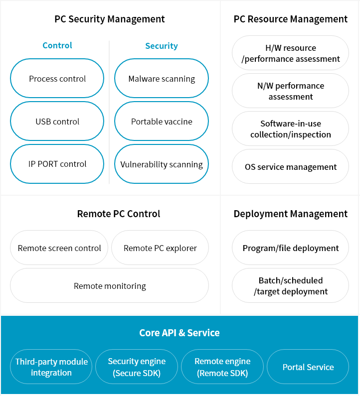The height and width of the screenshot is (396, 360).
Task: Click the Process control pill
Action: coord(57,78)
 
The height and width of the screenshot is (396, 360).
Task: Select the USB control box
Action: coord(57,121)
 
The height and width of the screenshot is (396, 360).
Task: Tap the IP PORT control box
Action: coord(57,164)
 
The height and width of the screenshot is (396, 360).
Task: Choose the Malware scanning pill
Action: coord(162,78)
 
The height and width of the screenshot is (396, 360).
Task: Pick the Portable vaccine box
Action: coord(162,121)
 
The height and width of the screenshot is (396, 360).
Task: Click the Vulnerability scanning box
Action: coord(162,164)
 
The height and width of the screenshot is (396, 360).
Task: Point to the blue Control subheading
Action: coord(57,45)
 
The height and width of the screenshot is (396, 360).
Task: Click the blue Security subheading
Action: coord(162,46)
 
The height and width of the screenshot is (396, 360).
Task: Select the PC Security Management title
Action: coord(110,19)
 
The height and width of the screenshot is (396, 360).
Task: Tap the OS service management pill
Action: coord(291,166)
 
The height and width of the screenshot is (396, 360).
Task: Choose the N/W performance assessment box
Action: coord(291,91)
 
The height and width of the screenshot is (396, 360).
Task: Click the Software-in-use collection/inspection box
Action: coord(291,129)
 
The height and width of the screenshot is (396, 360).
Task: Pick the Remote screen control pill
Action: coord(59,248)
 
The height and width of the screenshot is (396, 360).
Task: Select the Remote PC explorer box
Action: coord(160,248)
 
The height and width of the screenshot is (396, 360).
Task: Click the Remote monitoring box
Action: coord(110,285)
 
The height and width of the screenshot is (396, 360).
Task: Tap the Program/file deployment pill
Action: coord(291,248)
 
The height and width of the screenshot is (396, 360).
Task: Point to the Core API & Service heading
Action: coord(180,333)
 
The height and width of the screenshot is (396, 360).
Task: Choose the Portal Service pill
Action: coord(308,367)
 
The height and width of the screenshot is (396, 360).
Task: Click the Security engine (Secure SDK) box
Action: coord(137,367)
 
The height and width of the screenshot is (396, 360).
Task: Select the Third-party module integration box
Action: coord(51,367)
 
